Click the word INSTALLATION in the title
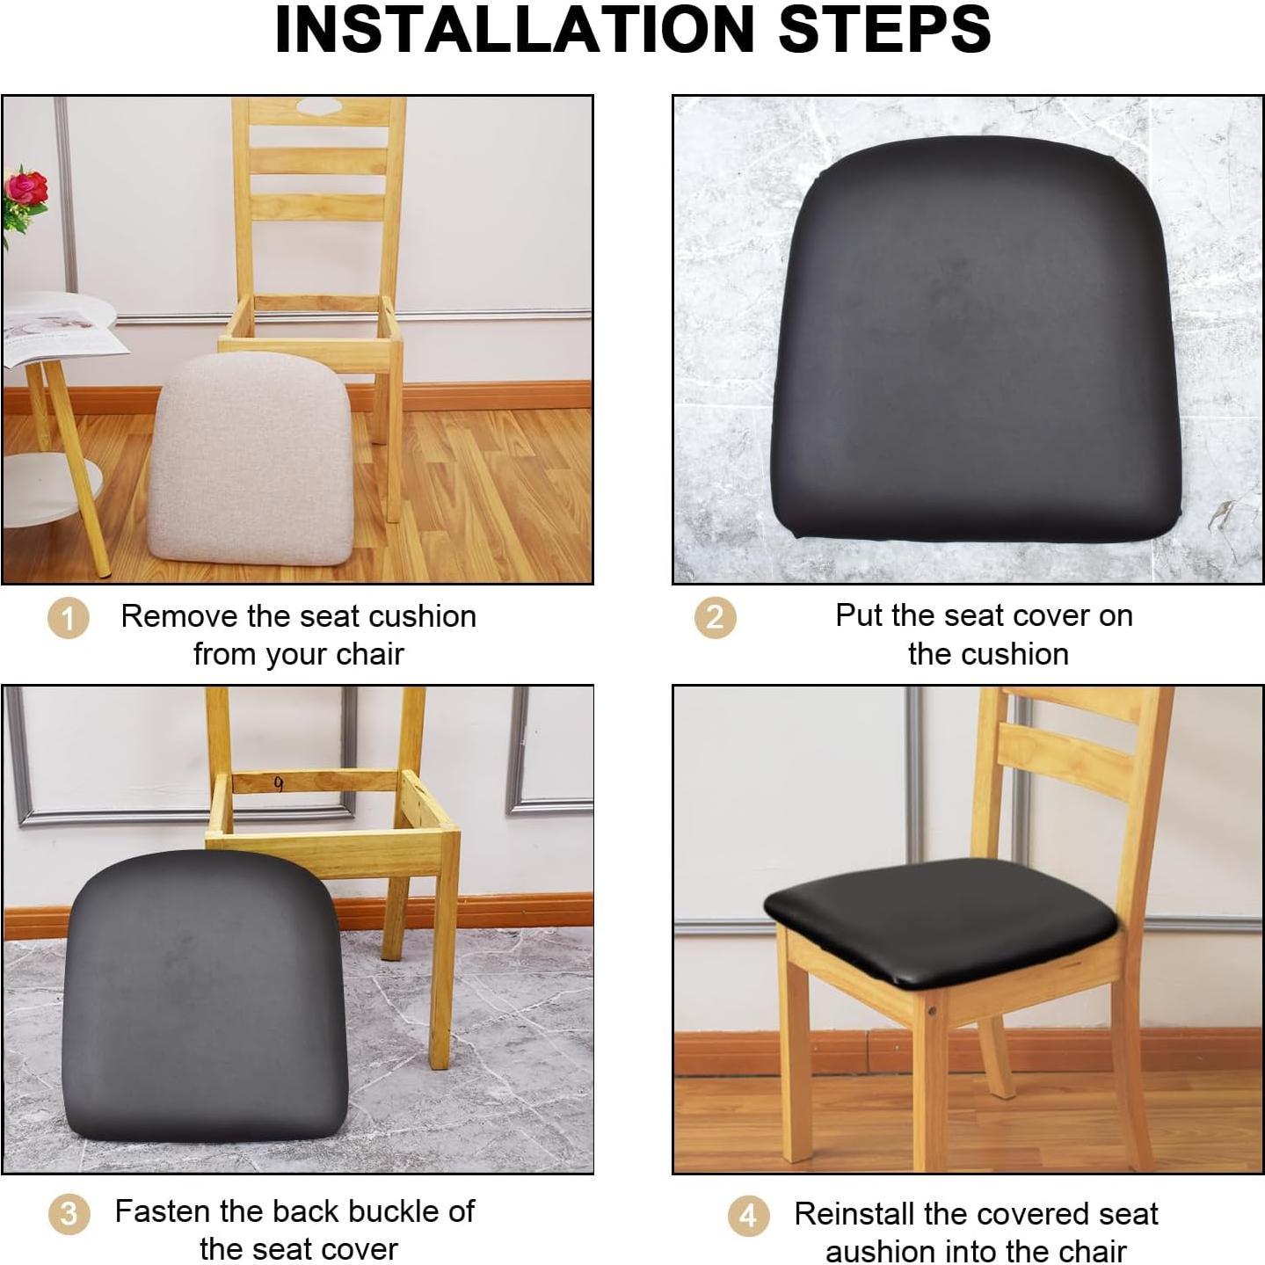point(514,30)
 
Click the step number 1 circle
point(68,618)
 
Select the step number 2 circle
point(715,617)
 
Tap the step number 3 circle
point(69,1215)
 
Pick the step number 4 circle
point(748,1217)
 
